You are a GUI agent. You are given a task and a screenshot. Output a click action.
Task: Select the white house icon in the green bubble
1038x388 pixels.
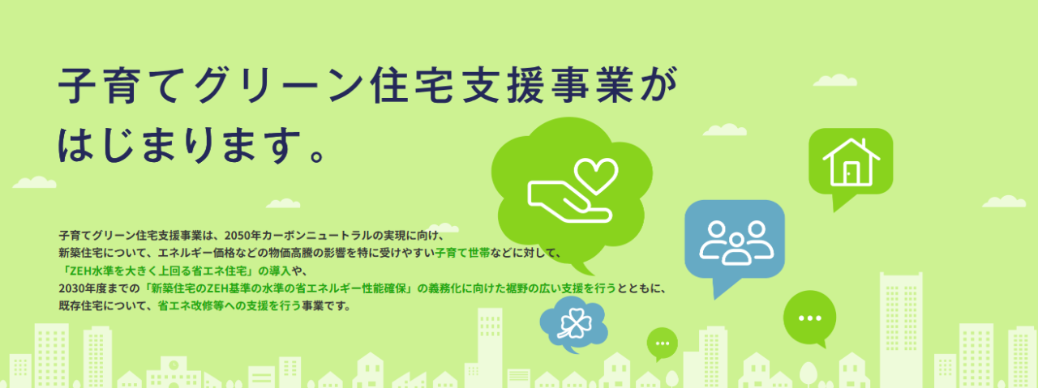pyautogui.click(x=851, y=162)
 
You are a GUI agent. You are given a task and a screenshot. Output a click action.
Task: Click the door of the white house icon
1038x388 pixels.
pyautogui.click(x=851, y=173)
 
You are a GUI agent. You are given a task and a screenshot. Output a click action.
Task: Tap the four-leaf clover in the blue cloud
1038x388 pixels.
pyautogui.click(x=573, y=322)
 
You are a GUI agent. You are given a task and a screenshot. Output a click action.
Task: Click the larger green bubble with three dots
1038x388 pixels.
pyautogui.click(x=810, y=318)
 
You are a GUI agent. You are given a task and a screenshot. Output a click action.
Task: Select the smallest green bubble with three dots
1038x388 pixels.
pyautogui.click(x=663, y=343)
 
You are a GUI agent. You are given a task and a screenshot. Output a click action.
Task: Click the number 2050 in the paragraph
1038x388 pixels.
pyautogui.click(x=237, y=236)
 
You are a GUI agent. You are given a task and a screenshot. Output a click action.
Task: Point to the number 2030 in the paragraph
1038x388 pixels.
pyautogui.click(x=71, y=288)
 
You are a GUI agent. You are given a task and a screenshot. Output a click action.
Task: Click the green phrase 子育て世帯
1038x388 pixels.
pyautogui.click(x=462, y=254)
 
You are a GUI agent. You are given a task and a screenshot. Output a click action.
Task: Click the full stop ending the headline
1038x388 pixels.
pyautogui.click(x=318, y=156)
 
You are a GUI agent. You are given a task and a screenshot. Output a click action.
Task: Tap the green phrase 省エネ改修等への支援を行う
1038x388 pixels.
pyautogui.click(x=229, y=306)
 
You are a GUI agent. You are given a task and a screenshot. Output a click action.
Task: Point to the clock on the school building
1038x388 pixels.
pyautogui.click(x=174, y=365)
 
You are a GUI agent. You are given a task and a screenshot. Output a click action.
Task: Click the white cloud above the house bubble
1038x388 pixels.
pyautogui.click(x=834, y=80)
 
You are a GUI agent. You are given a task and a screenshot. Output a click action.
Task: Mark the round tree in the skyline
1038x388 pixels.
pyautogui.click(x=809, y=373)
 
